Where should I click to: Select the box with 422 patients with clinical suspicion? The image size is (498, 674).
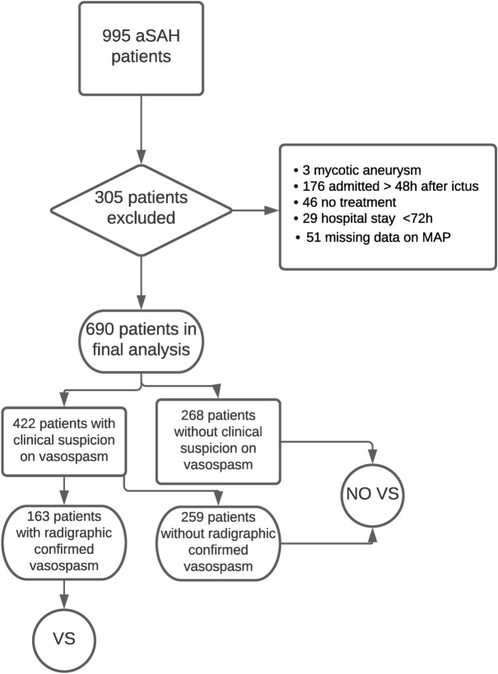point(65,440)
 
